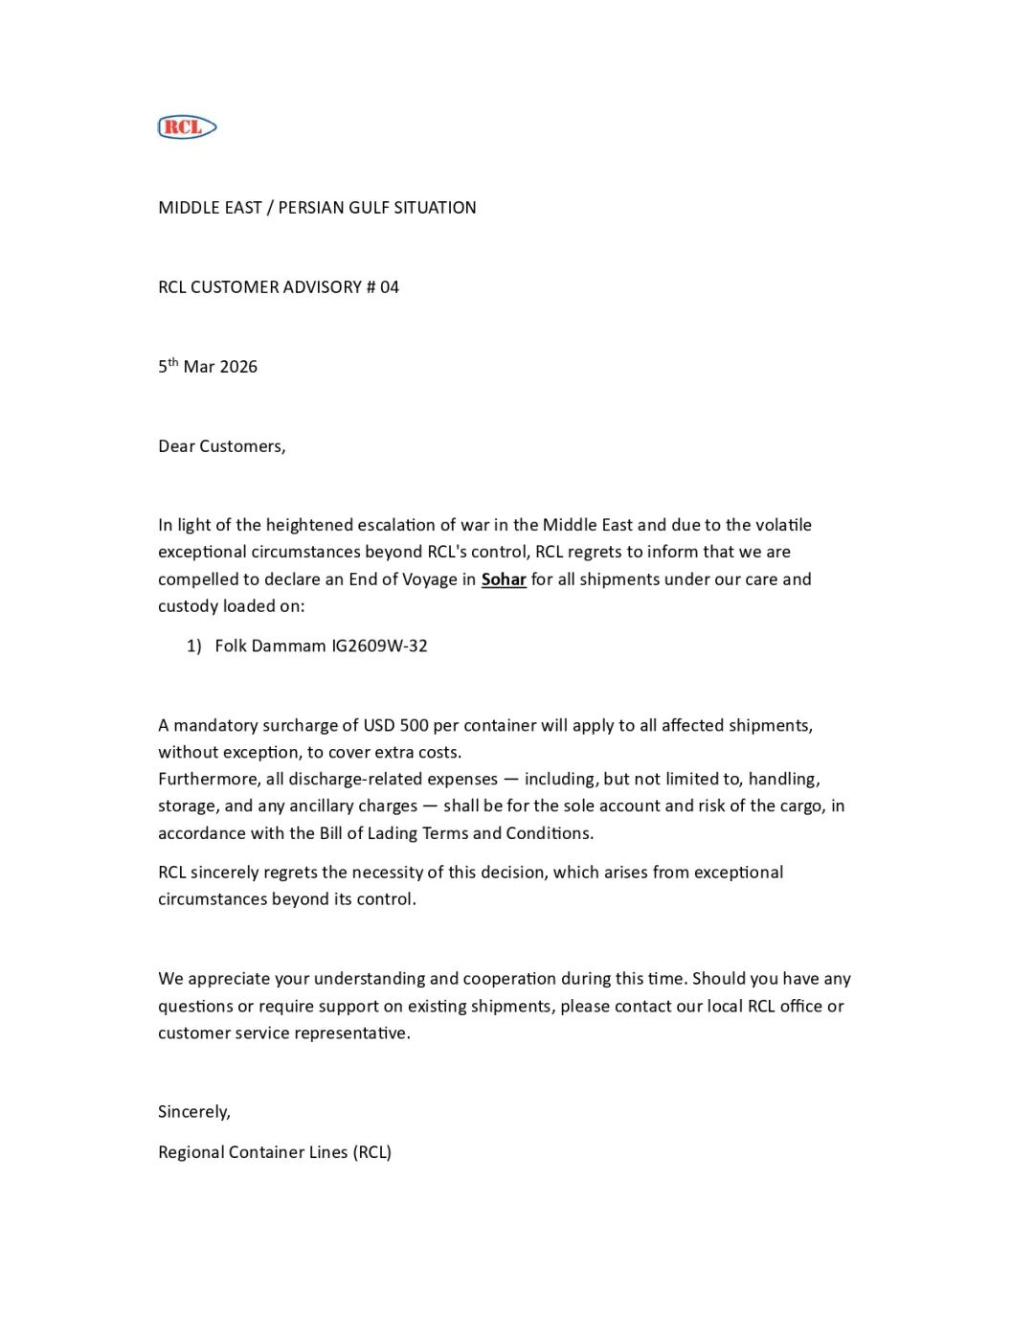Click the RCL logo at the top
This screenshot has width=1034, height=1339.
coord(187,126)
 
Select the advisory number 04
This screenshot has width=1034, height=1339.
coord(389,286)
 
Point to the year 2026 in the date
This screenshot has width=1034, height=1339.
coord(238,366)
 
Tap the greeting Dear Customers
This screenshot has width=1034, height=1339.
coord(221,445)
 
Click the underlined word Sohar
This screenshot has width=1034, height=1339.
coord(504,579)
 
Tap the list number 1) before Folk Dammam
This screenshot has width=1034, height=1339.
coord(194,646)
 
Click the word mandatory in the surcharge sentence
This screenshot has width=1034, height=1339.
coord(214,725)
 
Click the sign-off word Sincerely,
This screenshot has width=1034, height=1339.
coord(194,1111)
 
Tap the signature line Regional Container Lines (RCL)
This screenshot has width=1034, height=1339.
coord(275,1151)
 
